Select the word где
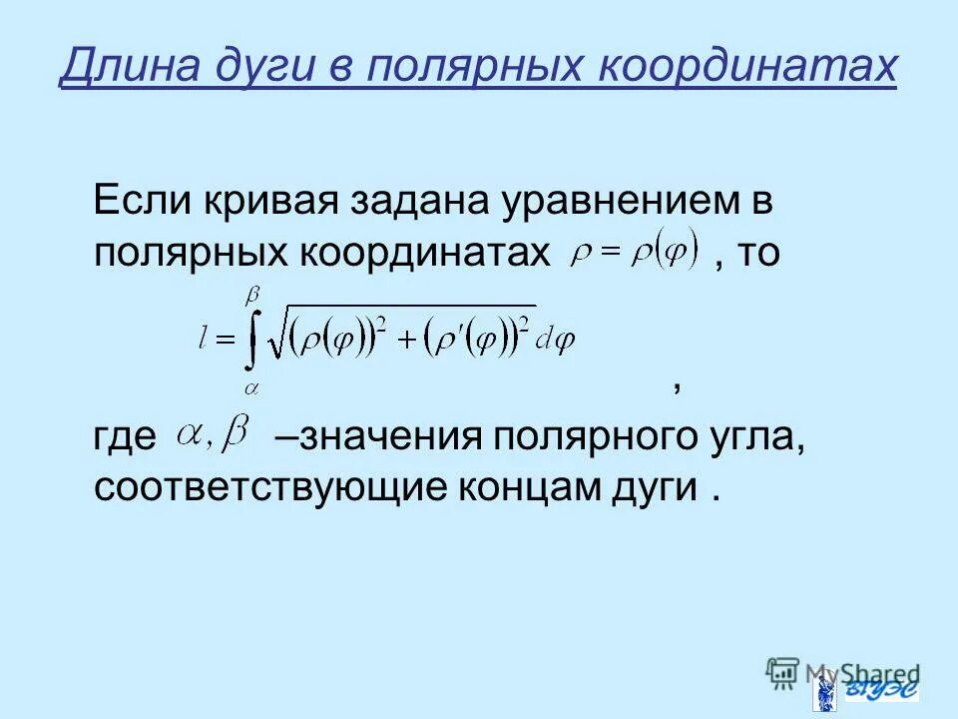pos(126,437)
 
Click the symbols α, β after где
pos(212,433)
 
